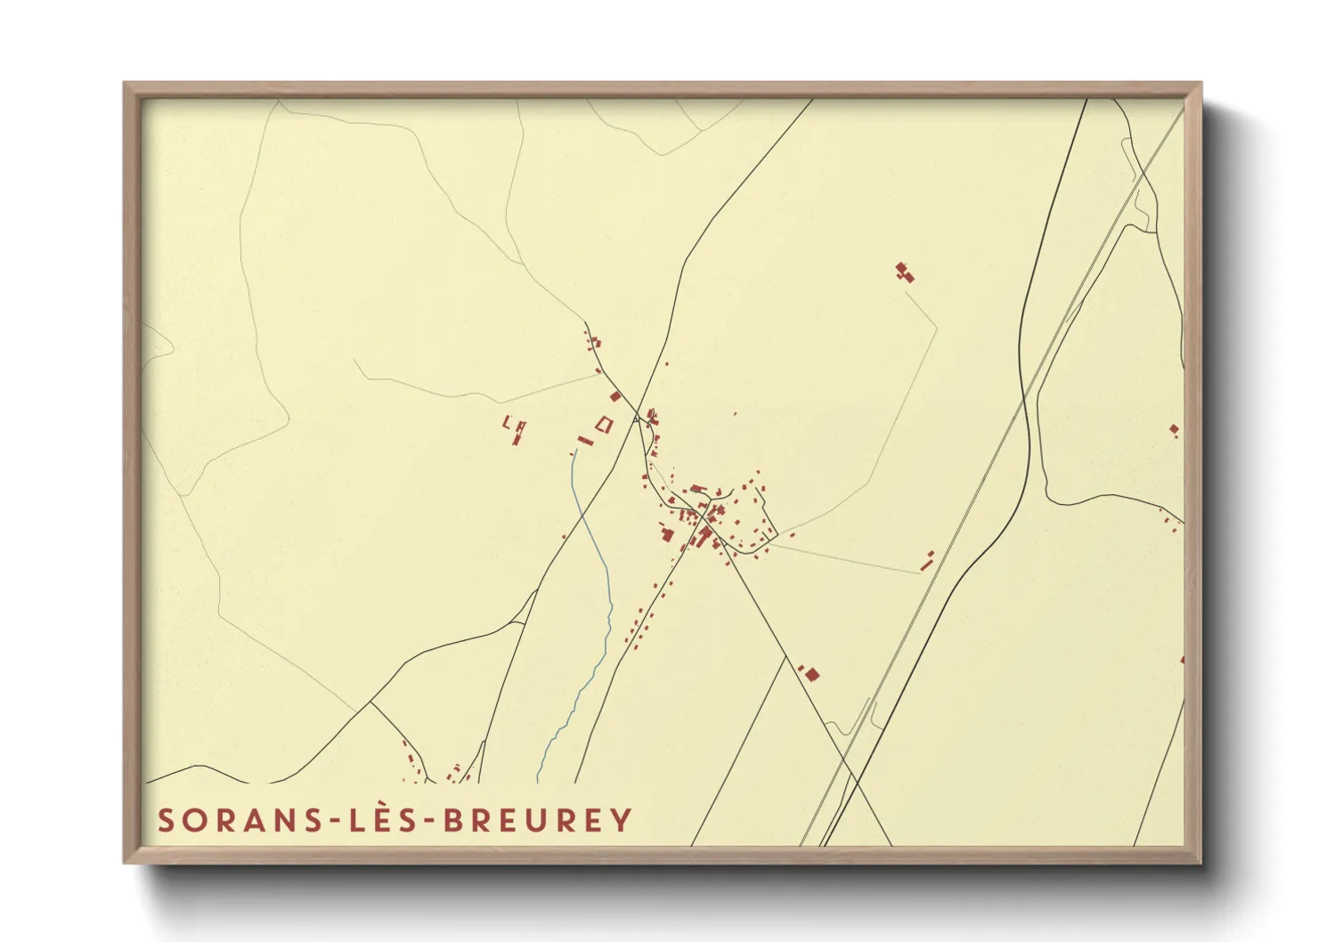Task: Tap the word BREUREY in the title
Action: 538,820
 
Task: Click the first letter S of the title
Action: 166,820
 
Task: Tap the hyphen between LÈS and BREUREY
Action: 431,822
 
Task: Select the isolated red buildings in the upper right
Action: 905,272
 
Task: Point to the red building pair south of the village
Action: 809,674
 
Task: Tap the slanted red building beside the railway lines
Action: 927,560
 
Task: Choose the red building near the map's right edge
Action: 1174,431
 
